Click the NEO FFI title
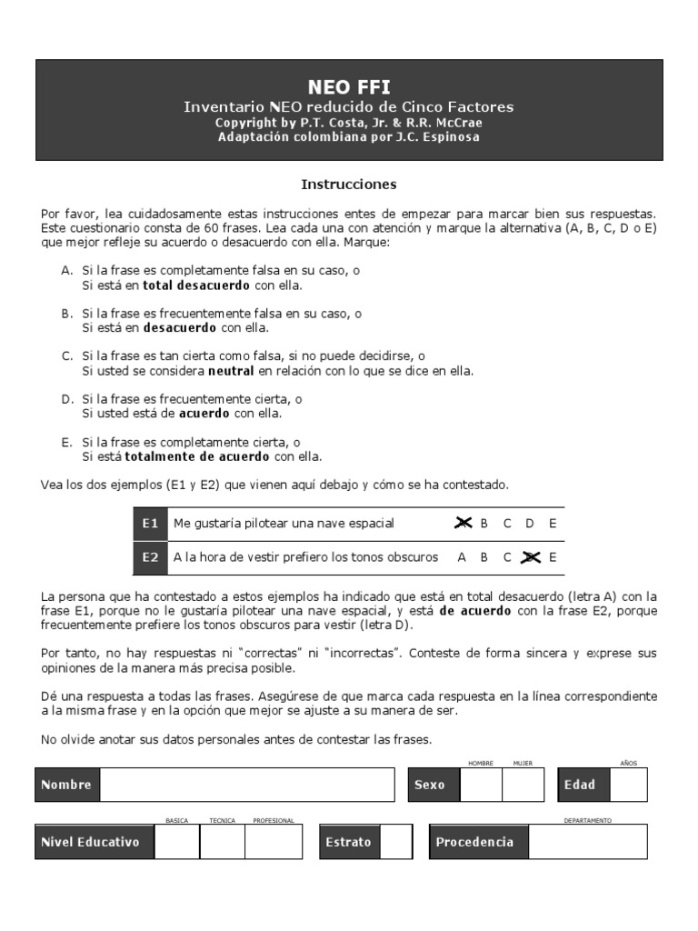(x=349, y=87)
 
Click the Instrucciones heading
(x=349, y=185)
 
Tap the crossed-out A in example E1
(x=464, y=524)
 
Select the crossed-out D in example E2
(x=530, y=557)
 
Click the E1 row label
(x=150, y=524)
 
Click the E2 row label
(x=150, y=557)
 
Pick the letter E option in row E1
(x=553, y=524)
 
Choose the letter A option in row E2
(x=462, y=557)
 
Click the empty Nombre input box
(x=247, y=785)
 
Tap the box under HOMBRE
(x=480, y=785)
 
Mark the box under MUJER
(x=523, y=785)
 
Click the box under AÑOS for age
(x=628, y=785)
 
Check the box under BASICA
(x=176, y=842)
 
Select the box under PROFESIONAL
(x=273, y=842)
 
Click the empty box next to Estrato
(x=395, y=842)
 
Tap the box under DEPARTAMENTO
(x=587, y=842)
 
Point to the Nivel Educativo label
(x=91, y=842)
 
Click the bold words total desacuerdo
(x=187, y=285)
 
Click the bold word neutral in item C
(x=231, y=371)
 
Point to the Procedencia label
(x=474, y=842)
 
